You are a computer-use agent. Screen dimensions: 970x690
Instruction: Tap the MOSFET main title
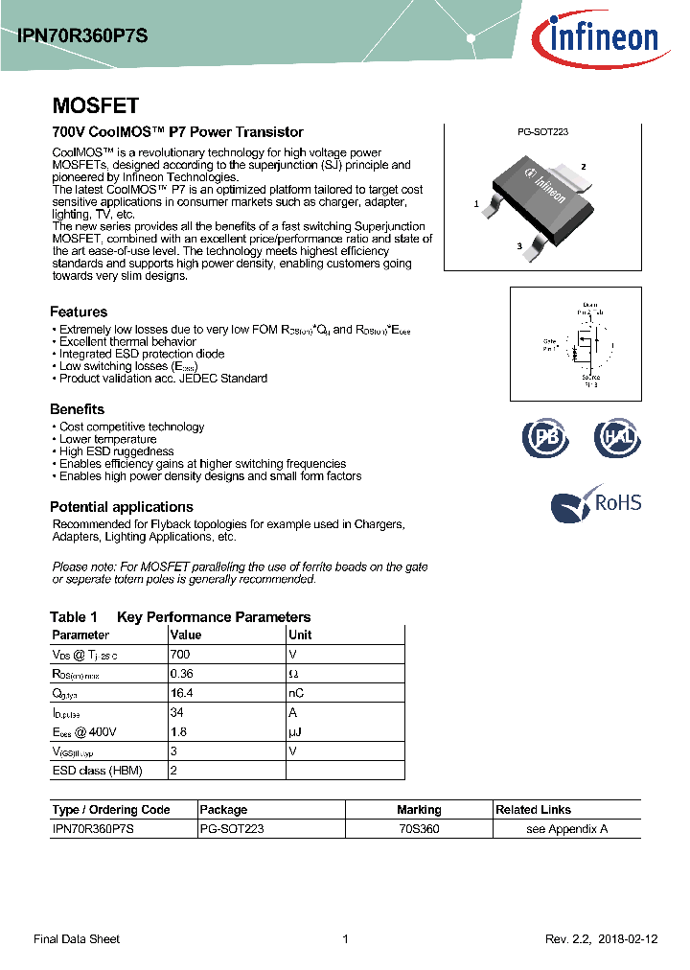(95, 105)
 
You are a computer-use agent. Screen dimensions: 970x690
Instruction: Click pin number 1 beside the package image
(476, 204)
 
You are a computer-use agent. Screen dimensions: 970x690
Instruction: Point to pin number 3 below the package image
(519, 246)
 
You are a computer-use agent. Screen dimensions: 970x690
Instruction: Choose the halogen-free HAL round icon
(615, 437)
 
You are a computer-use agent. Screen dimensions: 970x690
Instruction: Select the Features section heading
(79, 312)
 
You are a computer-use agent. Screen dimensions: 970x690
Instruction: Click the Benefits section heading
(77, 409)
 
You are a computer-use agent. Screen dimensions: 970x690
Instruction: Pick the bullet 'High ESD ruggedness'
(116, 451)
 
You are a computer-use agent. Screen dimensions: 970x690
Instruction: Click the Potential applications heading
(122, 507)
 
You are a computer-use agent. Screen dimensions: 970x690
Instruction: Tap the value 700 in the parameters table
(180, 654)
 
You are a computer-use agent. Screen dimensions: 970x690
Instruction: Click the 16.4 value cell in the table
(181, 692)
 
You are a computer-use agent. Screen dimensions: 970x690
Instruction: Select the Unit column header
(300, 635)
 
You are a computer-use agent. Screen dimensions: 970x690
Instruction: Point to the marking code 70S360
(419, 829)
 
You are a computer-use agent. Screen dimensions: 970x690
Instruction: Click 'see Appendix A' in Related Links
(567, 829)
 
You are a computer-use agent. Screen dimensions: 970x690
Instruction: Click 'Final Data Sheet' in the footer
(77, 939)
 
